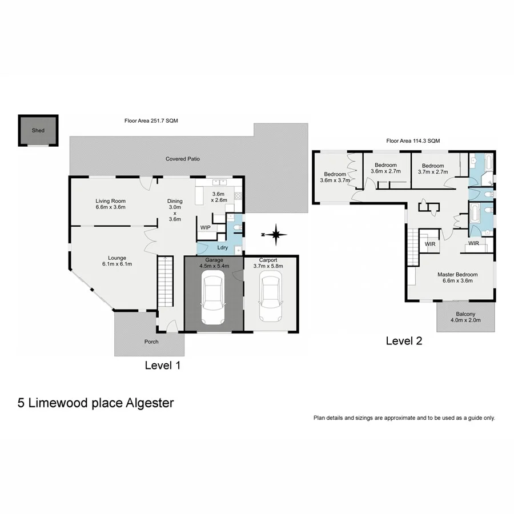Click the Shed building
pyautogui.click(x=38, y=130)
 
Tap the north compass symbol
pyautogui.click(x=276, y=234)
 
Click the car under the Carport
pyautogui.click(x=270, y=296)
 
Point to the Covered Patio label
pyautogui.click(x=183, y=159)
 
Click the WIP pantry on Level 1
pyautogui.click(x=205, y=227)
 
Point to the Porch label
pyautogui.click(x=151, y=342)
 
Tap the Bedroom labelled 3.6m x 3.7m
pyautogui.click(x=335, y=177)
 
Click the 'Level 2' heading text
pyautogui.click(x=404, y=342)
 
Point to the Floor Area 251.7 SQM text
pyautogui.click(x=151, y=121)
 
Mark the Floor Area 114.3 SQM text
pyautogui.click(x=413, y=140)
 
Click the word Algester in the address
pyautogui.click(x=146, y=403)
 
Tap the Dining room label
pyautogui.click(x=175, y=210)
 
